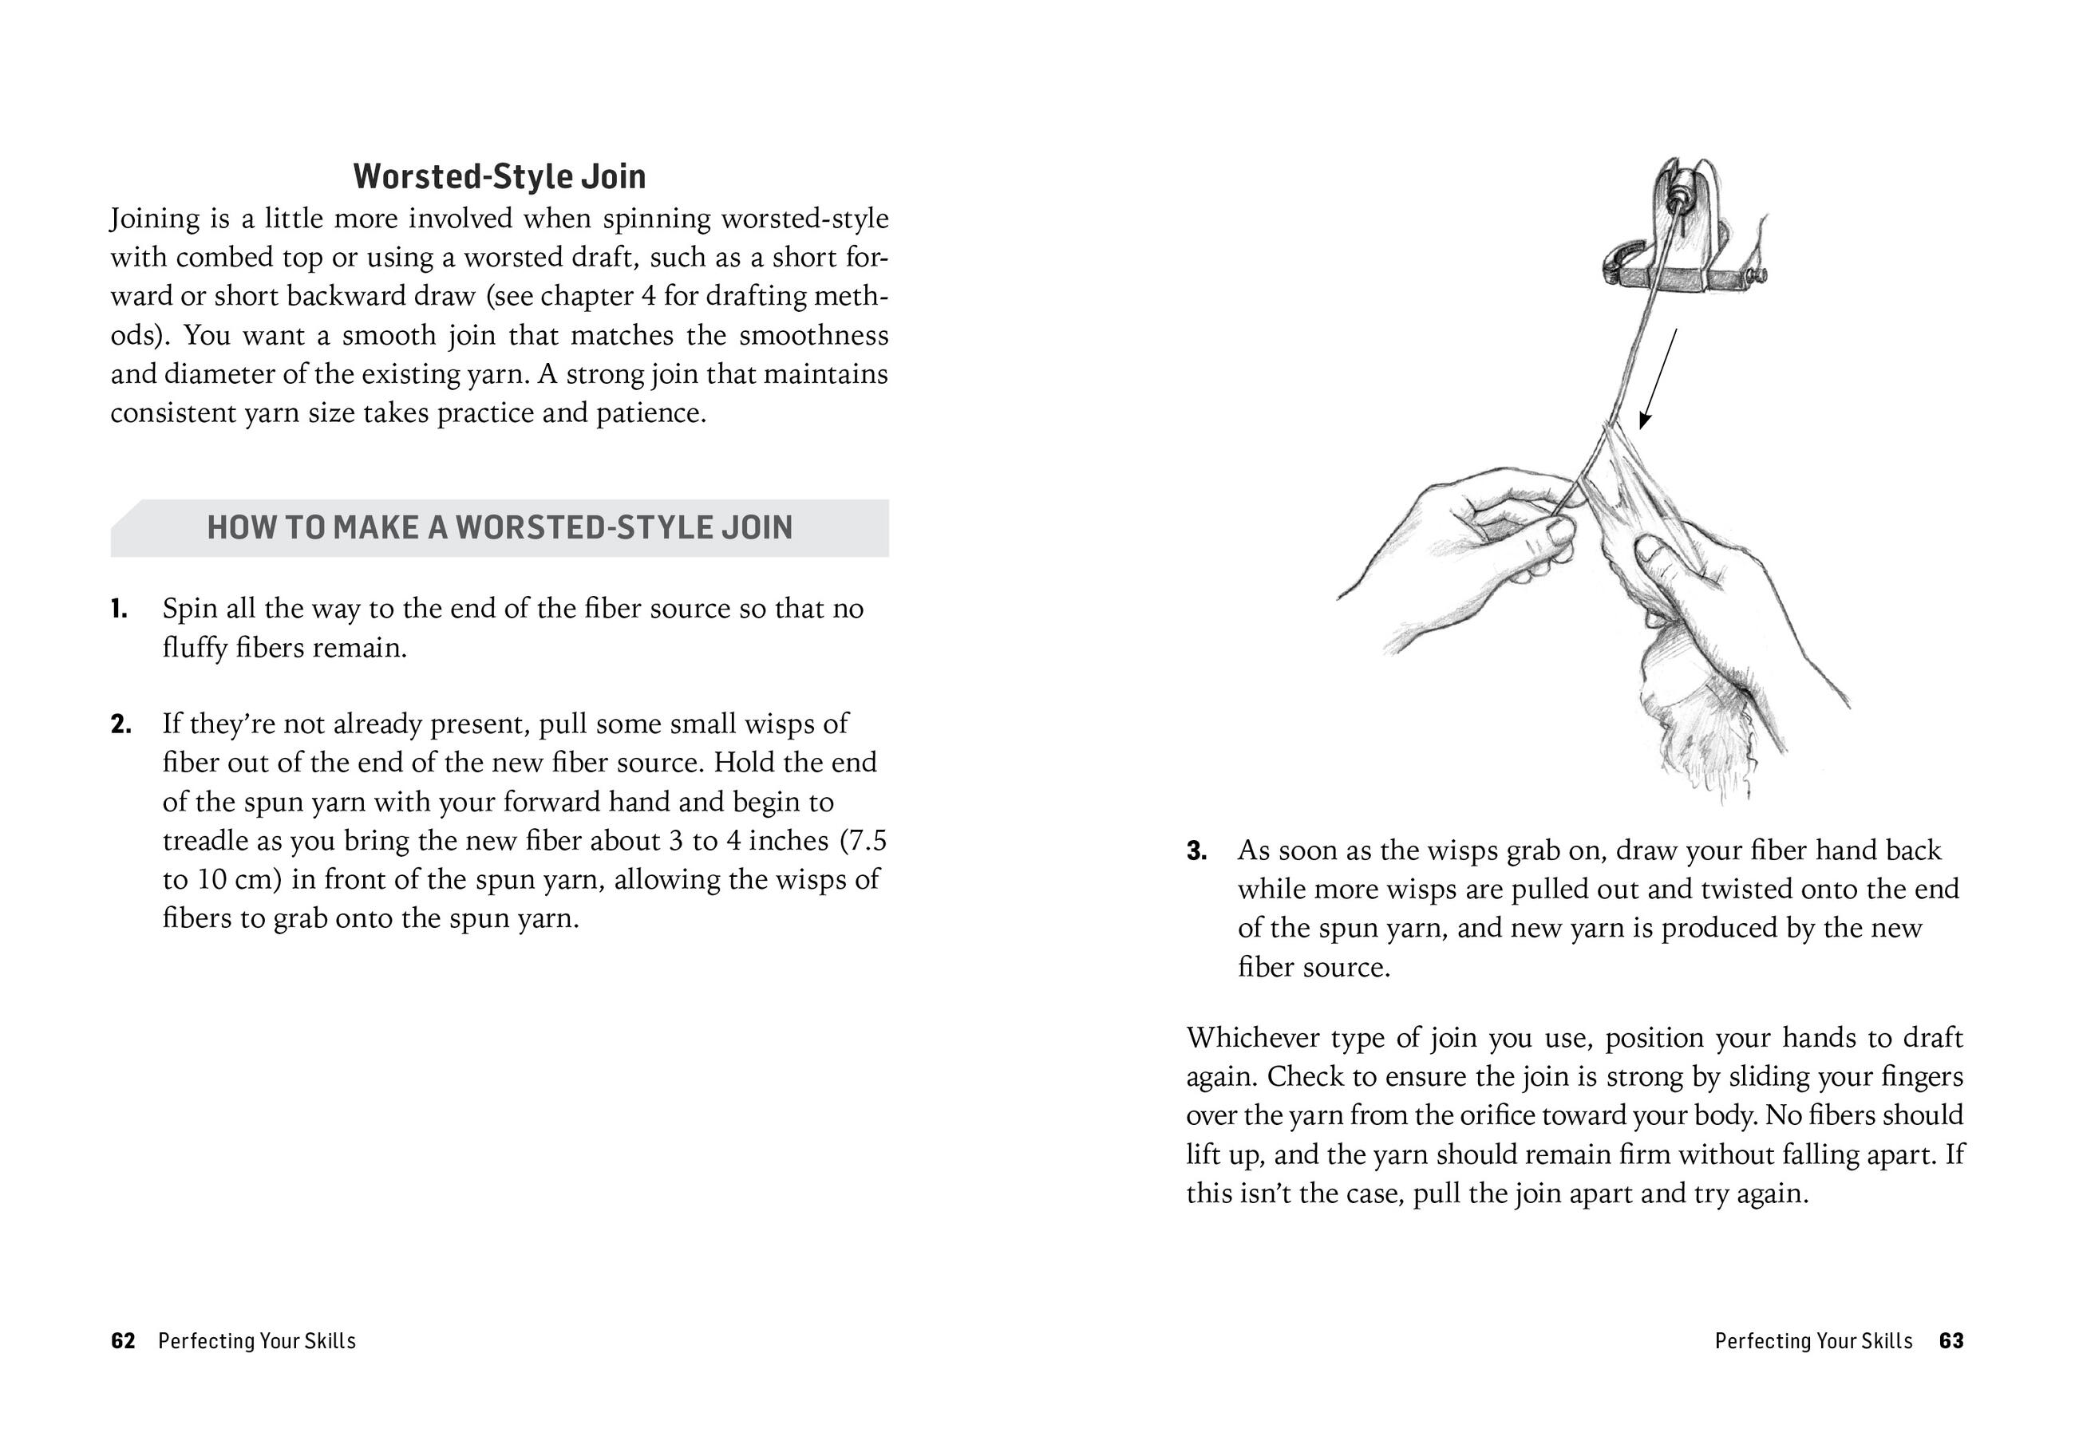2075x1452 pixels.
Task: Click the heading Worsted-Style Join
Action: (499, 176)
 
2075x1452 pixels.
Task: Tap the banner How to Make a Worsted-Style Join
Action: (499, 527)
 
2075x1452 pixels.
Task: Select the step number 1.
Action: (118, 609)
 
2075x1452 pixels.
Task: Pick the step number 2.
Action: (121, 724)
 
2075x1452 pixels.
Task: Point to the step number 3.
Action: (1196, 851)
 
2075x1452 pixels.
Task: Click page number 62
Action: (123, 1341)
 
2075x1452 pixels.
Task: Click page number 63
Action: (1951, 1341)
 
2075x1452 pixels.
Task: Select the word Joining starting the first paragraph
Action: (155, 219)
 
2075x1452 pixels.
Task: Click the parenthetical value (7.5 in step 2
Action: (863, 841)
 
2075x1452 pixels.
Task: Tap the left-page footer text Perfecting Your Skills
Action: (257, 1341)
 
